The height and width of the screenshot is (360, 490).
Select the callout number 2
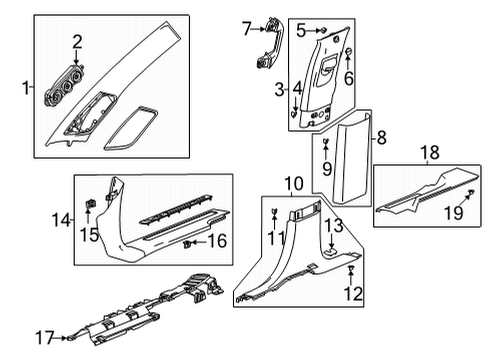pyautogui.click(x=77, y=40)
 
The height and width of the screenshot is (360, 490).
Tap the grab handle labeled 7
pyautogui.click(x=269, y=43)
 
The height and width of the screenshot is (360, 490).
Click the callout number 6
pyautogui.click(x=348, y=77)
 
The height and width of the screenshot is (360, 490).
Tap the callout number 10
pyautogui.click(x=292, y=183)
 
